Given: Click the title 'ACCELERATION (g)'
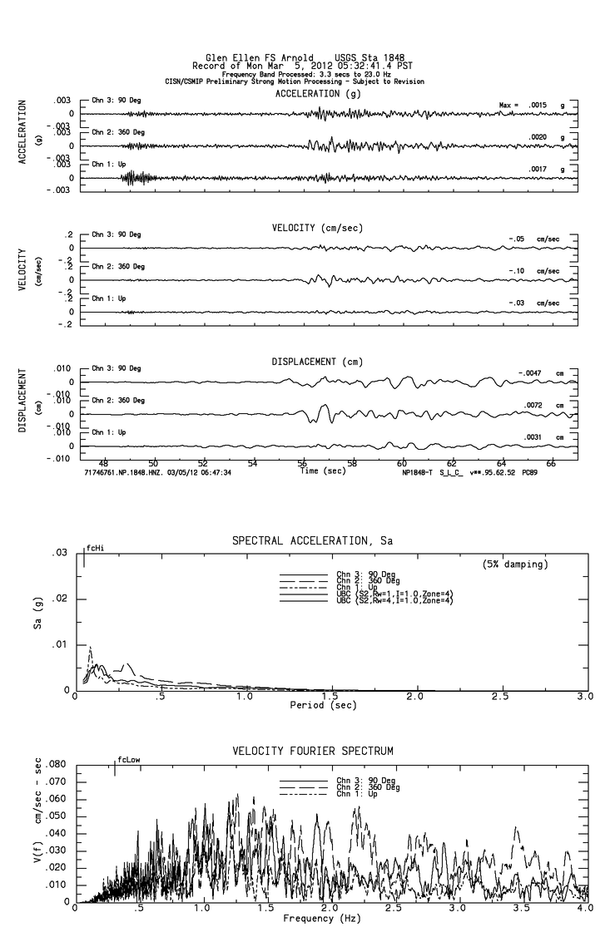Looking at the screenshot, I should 317,94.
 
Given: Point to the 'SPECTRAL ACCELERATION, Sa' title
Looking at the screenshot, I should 312,541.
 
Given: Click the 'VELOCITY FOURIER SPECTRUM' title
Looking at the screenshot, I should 312,752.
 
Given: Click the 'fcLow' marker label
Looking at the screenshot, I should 128,759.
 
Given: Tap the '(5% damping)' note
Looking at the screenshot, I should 516,565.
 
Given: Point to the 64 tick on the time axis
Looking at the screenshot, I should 502,463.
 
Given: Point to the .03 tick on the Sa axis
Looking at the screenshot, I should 59,553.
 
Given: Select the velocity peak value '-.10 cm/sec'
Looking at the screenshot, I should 533,271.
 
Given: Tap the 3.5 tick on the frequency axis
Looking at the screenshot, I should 522,909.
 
